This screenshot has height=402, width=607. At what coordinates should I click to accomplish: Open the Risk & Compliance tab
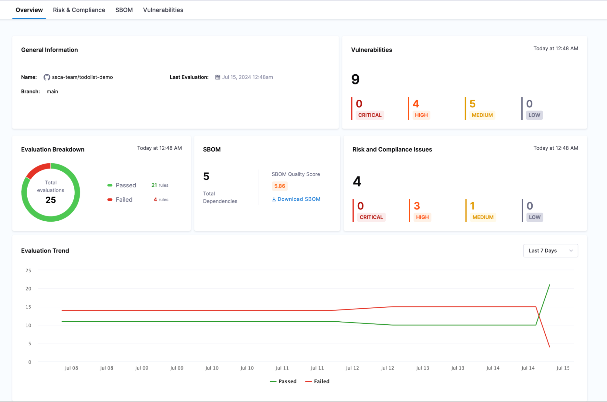(79, 10)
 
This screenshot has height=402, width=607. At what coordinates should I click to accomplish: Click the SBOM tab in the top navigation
(124, 10)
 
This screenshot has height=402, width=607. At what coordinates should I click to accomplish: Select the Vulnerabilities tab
(163, 10)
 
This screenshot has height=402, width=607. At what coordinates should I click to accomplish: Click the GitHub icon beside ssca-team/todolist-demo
(47, 77)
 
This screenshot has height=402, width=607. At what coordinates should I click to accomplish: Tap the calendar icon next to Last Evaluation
(218, 77)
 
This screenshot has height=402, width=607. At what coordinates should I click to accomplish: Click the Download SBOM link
(296, 199)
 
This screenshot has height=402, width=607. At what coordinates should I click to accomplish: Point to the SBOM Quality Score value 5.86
(279, 186)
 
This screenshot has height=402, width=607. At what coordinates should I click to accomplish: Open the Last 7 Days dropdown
(550, 251)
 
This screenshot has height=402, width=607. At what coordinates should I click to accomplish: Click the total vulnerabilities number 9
(355, 79)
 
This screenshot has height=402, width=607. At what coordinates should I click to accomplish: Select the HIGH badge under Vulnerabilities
(421, 115)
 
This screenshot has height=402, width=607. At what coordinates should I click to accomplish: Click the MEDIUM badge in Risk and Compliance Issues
(483, 217)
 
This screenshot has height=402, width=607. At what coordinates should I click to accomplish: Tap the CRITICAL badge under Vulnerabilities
(370, 115)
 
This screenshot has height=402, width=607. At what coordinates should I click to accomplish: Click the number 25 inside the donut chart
(51, 200)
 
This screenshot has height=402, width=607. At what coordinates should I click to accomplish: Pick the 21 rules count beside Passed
(160, 185)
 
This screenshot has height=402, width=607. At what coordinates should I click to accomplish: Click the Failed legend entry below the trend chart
(318, 381)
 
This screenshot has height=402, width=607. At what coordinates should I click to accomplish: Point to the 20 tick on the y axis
(28, 289)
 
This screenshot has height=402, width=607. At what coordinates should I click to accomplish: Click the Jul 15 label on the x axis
(563, 368)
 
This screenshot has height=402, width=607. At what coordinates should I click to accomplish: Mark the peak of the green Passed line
(549, 285)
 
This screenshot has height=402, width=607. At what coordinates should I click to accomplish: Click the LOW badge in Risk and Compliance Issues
(534, 217)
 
